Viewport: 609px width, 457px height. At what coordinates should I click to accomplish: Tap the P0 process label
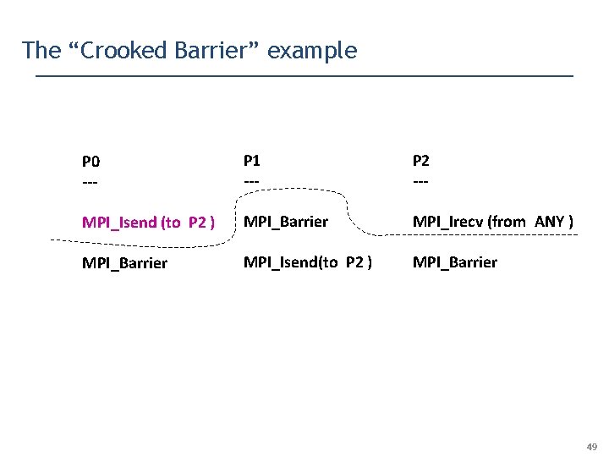click(x=91, y=161)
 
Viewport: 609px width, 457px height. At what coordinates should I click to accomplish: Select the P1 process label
click(x=252, y=160)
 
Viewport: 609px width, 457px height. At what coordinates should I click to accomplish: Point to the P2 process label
click(x=421, y=160)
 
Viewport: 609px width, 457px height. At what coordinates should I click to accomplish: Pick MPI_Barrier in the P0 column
click(x=124, y=263)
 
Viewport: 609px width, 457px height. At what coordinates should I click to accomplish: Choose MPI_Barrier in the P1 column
click(x=285, y=222)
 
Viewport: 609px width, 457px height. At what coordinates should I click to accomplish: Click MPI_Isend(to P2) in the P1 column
click(x=308, y=262)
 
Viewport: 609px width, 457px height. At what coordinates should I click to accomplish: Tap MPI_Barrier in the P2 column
click(x=454, y=262)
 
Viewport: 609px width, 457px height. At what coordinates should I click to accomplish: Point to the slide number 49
click(x=592, y=446)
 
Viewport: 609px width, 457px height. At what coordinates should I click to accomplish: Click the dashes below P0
click(x=90, y=182)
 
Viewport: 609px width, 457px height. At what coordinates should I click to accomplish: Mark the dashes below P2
click(x=420, y=182)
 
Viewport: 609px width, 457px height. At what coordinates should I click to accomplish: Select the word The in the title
click(x=38, y=51)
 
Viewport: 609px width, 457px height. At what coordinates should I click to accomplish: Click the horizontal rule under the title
click(x=304, y=77)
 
